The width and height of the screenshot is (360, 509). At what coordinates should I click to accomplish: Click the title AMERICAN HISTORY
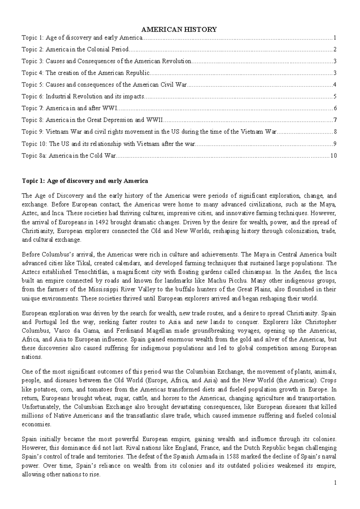179,29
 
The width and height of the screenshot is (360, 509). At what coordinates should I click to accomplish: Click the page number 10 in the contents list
333,156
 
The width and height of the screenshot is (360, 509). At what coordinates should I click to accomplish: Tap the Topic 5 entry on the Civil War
104,85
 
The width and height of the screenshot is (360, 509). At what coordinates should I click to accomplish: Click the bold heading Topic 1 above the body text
85,181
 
